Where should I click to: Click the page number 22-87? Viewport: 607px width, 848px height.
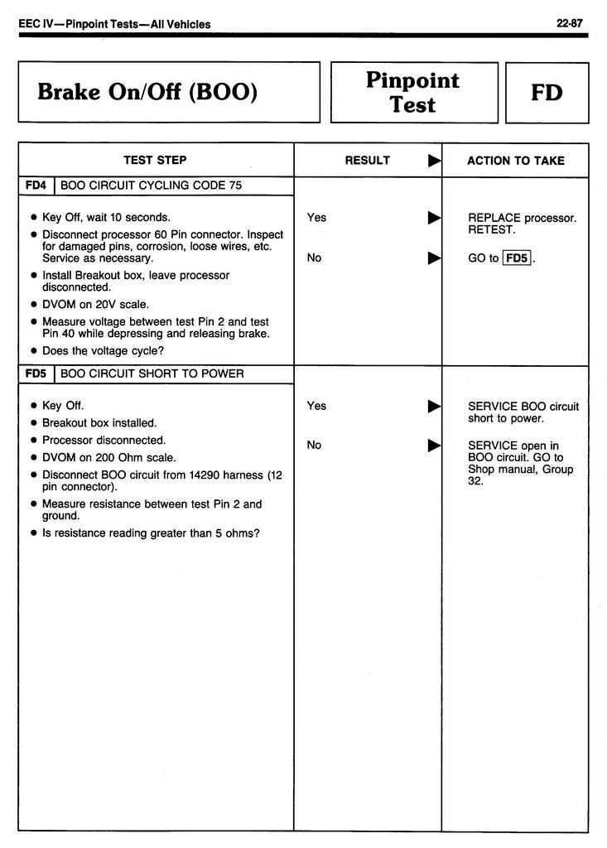pyautogui.click(x=572, y=24)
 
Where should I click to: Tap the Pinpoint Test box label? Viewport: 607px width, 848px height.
pyautogui.click(x=413, y=93)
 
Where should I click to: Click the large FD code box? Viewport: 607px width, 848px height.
pyautogui.click(x=547, y=93)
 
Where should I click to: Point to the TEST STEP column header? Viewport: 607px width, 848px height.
pyautogui.click(x=156, y=160)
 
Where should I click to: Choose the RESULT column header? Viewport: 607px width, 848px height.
pyautogui.click(x=367, y=160)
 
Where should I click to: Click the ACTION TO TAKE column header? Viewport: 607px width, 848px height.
pyautogui.click(x=515, y=160)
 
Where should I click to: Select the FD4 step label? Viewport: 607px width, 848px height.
pyautogui.click(x=36, y=185)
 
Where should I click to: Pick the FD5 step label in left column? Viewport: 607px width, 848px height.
pyautogui.click(x=36, y=373)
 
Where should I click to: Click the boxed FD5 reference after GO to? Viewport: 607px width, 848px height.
pyautogui.click(x=516, y=258)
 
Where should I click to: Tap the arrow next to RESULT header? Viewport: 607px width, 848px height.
pyautogui.click(x=433, y=160)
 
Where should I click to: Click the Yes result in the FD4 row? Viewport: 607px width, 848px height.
pyautogui.click(x=316, y=218)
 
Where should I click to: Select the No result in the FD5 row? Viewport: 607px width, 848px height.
pyautogui.click(x=314, y=446)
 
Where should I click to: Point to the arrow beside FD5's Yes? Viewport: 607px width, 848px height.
pyautogui.click(x=433, y=406)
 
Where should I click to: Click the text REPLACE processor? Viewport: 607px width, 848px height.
pyautogui.click(x=522, y=218)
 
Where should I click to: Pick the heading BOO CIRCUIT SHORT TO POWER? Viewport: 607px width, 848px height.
pyautogui.click(x=152, y=373)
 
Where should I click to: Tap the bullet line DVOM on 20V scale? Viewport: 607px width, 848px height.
pyautogui.click(x=95, y=304)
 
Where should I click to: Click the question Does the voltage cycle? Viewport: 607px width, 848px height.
pyautogui.click(x=103, y=350)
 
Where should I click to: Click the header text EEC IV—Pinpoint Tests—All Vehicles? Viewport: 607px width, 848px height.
pyautogui.click(x=114, y=24)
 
